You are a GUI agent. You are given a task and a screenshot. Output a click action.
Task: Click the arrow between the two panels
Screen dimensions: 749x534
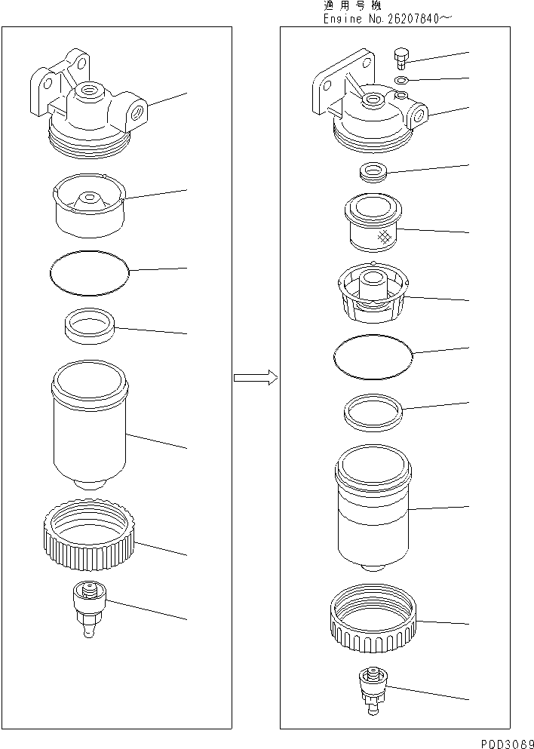coord(255,378)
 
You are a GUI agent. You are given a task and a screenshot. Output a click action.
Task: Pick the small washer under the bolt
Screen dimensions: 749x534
coord(403,79)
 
